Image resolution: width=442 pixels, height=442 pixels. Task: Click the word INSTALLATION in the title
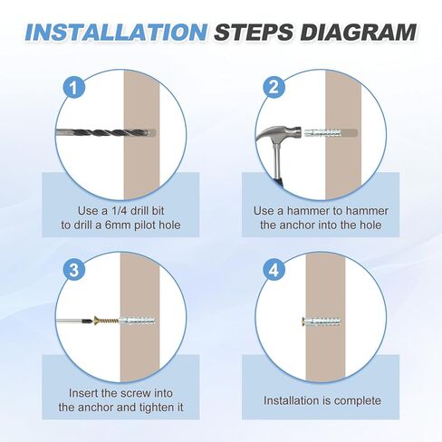pos(116,32)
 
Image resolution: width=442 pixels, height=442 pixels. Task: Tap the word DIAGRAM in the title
pos(359,32)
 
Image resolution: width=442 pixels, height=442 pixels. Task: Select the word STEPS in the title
pos(254,32)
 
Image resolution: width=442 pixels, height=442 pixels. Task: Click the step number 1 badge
pos(74,88)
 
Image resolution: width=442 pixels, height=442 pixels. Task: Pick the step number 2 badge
pos(274,88)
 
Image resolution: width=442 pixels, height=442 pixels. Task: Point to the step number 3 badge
pos(74,270)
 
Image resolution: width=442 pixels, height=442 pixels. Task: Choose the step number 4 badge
pos(274,270)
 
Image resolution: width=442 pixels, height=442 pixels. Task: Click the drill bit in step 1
pos(103,133)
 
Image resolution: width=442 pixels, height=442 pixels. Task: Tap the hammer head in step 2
pos(279,133)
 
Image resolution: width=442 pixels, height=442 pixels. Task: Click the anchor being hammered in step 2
pos(323,133)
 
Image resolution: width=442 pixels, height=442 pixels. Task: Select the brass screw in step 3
pos(106,321)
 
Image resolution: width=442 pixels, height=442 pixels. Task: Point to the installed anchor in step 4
pos(322,322)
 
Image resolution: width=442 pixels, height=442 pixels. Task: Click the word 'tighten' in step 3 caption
pos(154,408)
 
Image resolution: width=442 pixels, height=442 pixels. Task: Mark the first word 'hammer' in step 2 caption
pos(308,211)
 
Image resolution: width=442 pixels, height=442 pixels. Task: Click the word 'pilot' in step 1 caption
pos(145,225)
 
